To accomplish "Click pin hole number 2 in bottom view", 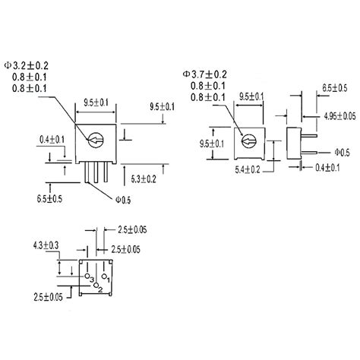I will pyautogui.click(x=97, y=287).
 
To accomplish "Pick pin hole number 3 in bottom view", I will pyautogui.click(x=89, y=278).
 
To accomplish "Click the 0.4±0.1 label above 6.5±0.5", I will pyautogui.click(x=30, y=139).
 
